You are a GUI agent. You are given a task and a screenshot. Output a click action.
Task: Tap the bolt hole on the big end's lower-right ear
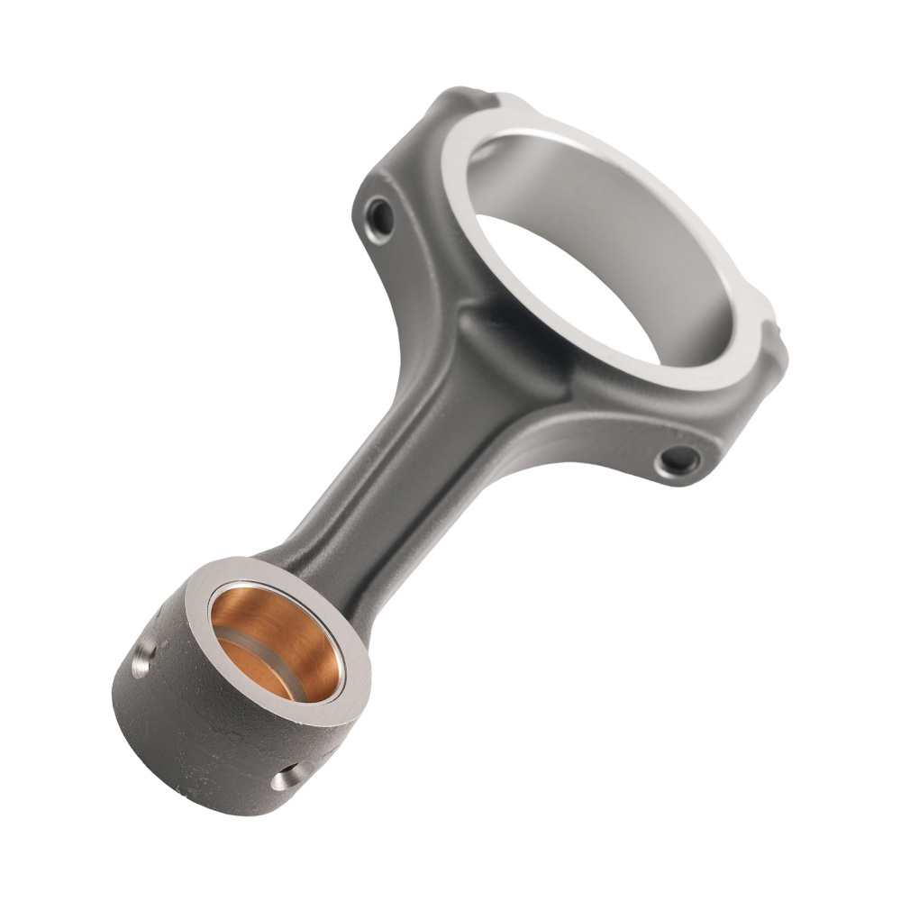678,461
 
